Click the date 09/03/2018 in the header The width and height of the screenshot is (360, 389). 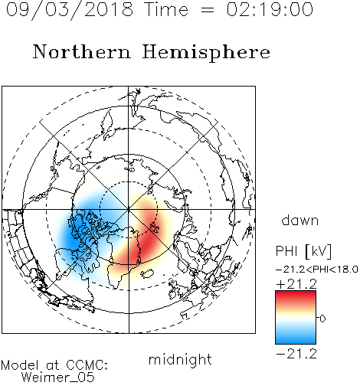pyautogui.click(x=70, y=9)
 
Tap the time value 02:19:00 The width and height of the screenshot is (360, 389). pyautogui.click(x=270, y=9)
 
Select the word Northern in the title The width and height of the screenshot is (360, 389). pyautogui.click(x=82, y=51)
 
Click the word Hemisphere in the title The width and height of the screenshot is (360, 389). pyautogui.click(x=206, y=53)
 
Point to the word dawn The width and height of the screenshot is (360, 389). pyautogui.click(x=300, y=221)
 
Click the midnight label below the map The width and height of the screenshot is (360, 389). pyautogui.click(x=180, y=360)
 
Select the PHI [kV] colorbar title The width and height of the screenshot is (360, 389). pyautogui.click(x=303, y=251)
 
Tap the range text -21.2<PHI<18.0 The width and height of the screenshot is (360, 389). pyautogui.click(x=317, y=270)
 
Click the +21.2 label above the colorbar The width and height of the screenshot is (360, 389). pyautogui.click(x=296, y=284)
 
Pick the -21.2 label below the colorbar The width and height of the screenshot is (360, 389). pyautogui.click(x=296, y=354)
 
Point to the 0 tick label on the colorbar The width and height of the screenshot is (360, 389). pyautogui.click(x=322, y=319)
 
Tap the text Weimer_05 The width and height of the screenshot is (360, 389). pyautogui.click(x=58, y=378)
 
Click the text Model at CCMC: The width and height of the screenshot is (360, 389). pyautogui.click(x=54, y=365)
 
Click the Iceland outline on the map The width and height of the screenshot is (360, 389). pyautogui.click(x=147, y=273)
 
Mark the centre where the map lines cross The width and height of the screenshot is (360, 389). pyautogui.click(x=129, y=210)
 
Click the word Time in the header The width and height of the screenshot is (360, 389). pyautogui.click(x=166, y=9)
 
